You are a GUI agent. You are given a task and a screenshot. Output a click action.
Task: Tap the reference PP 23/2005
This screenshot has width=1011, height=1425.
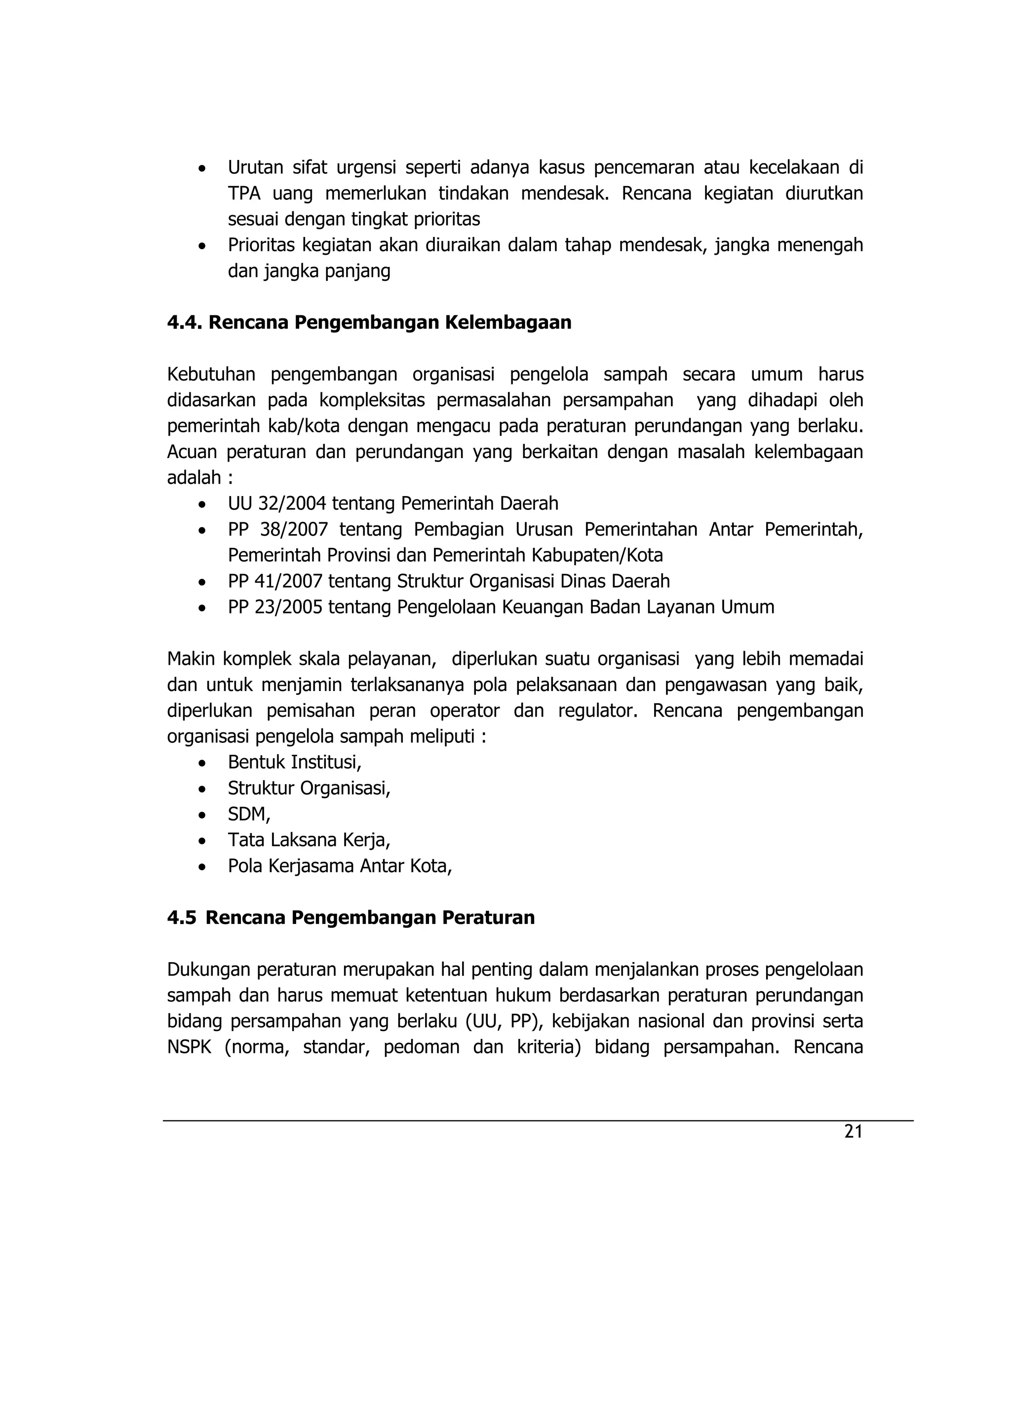275,607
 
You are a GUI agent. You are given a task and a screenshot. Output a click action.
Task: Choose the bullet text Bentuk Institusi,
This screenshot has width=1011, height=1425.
294,762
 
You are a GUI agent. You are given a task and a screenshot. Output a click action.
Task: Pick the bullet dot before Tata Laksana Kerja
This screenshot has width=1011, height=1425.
201,841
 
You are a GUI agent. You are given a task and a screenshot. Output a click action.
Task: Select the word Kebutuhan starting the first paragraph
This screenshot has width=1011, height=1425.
211,374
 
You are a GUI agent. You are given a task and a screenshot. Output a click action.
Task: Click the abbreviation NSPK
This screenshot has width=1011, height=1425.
189,1047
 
